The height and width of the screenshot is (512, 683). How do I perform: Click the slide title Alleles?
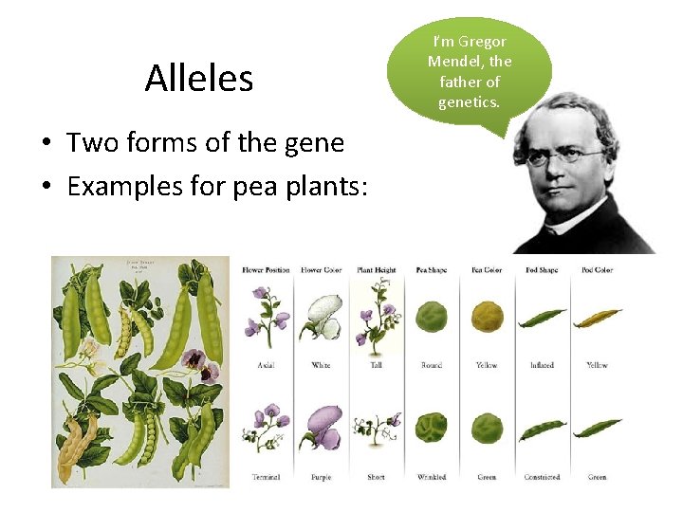coord(199,78)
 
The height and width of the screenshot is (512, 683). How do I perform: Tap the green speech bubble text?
coord(470,71)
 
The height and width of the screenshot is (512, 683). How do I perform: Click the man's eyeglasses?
coord(565,155)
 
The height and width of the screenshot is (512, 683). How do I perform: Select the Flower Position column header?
coord(266,270)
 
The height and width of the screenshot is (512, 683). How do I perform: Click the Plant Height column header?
coord(376,270)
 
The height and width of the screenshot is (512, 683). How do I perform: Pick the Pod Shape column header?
coord(542,270)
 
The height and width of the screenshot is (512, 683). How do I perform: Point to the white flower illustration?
coord(322,316)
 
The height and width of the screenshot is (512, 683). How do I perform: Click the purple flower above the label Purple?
coord(322,431)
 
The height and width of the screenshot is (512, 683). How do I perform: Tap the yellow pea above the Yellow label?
coord(487,317)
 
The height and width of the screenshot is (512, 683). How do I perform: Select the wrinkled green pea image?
coord(432,429)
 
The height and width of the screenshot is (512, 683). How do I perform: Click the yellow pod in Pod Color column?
coord(597,317)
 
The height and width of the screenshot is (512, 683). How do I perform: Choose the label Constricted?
coord(542,477)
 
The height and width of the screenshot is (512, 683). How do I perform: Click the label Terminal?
coord(266,477)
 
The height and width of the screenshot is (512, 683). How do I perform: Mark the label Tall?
coord(376,365)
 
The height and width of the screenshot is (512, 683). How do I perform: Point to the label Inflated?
coord(542,365)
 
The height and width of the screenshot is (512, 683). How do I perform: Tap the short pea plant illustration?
coord(377,430)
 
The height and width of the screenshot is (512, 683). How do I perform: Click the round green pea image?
coord(432,317)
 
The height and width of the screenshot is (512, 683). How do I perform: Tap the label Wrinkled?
coord(432,477)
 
